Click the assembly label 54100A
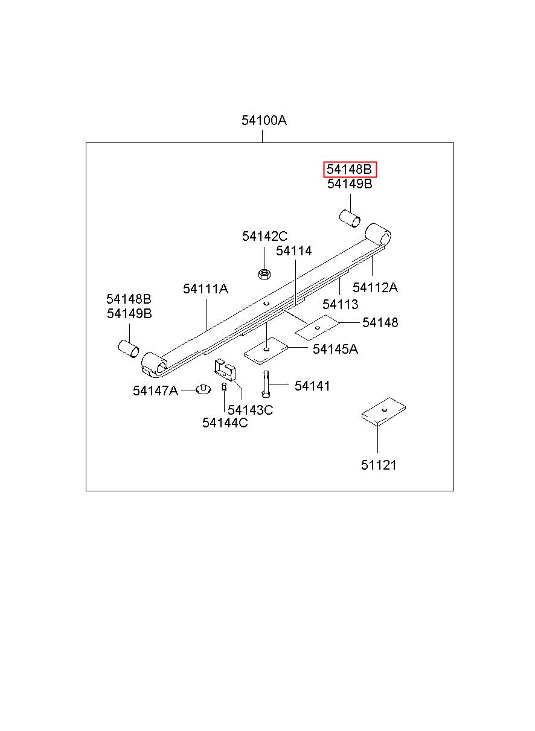(264, 120)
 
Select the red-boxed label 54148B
(350, 170)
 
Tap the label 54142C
(265, 236)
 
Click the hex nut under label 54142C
(263, 274)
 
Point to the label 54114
(294, 251)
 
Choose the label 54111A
(205, 289)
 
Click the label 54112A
(375, 287)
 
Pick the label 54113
(340, 304)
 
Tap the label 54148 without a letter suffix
(380, 323)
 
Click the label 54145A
(335, 349)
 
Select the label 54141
(312, 386)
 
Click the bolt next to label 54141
(266, 384)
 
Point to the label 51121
(379, 465)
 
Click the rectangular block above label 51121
(383, 412)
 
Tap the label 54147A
(155, 391)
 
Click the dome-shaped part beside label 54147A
(203, 388)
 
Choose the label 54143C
(250, 410)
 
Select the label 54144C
(225, 423)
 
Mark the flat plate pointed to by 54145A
(266, 350)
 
